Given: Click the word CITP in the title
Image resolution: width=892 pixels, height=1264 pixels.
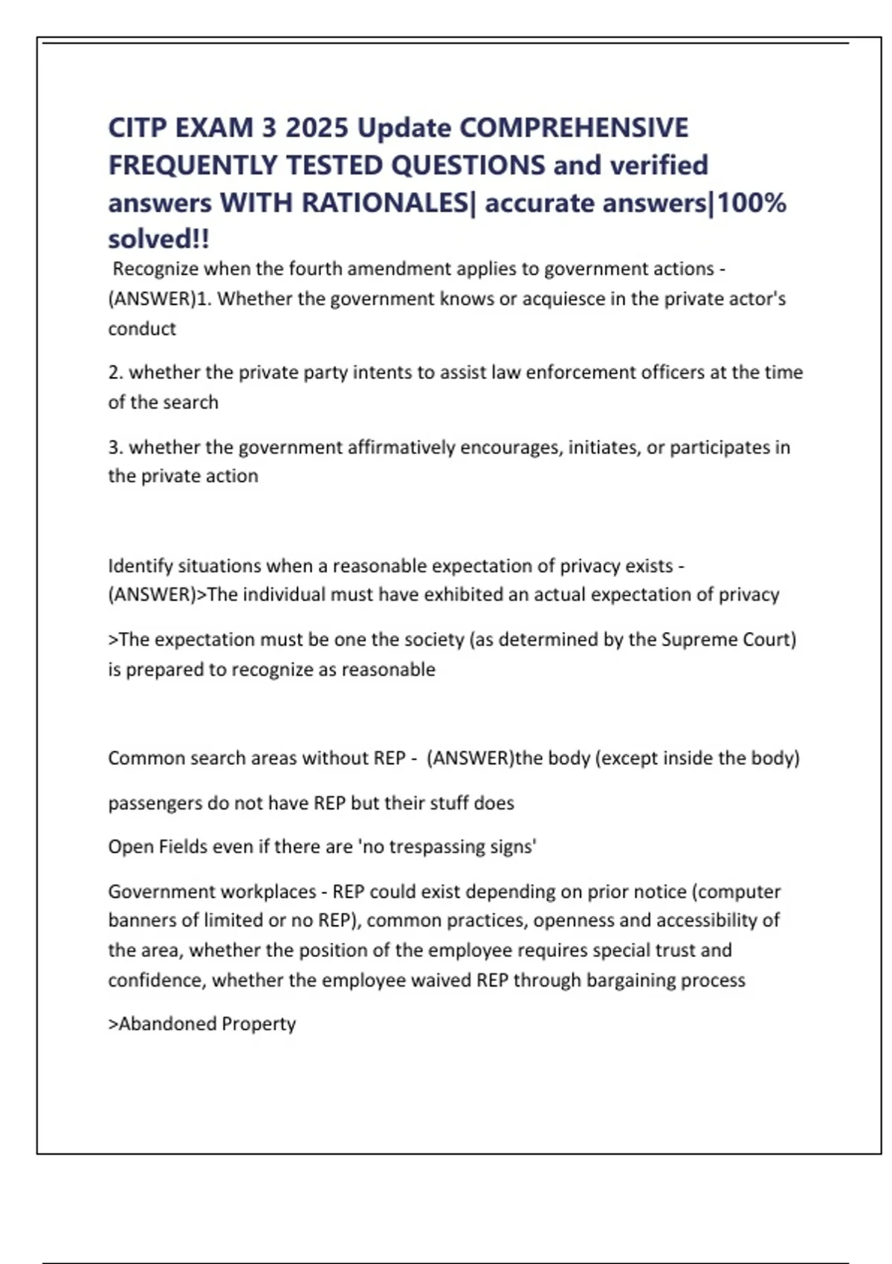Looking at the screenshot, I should coord(138,128).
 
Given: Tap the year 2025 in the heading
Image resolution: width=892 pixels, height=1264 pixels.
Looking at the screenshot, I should coord(317,128).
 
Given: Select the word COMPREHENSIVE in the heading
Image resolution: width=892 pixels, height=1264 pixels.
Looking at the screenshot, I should coord(574,128).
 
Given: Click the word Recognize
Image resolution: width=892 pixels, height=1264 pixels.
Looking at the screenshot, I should coord(155,268).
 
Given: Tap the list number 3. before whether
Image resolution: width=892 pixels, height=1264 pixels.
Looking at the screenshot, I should coord(115,448).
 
